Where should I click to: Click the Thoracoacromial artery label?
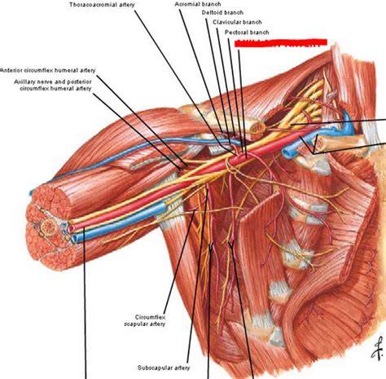pos(102,5)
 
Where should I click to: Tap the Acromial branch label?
pos(198,4)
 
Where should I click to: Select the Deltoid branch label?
pos(222,12)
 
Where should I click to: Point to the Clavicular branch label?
pos(237,22)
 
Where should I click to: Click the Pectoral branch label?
pos(247,33)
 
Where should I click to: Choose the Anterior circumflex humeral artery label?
pos(48,70)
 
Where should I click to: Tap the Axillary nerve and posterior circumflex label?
pos(53,85)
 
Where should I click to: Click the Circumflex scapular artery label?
pos(145,320)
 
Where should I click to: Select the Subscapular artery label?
pos(164,368)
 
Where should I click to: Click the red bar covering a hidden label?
pos(281,43)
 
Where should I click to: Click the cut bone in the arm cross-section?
pos(48,227)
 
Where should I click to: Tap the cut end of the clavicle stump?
pos(257,128)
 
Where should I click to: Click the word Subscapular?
pos(155,368)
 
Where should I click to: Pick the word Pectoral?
pos(235,33)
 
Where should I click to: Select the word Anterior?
pos(11,70)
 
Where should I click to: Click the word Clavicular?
pos(226,22)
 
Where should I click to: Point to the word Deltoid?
pos(212,12)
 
